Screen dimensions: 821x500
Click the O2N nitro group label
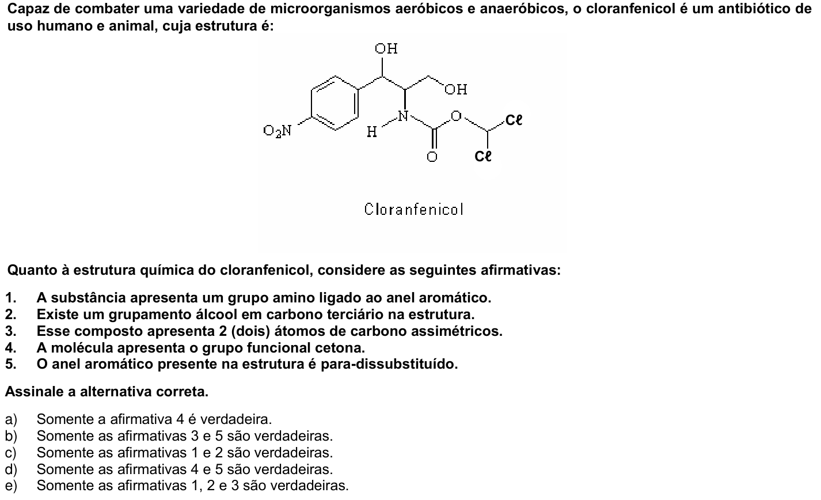[278, 131]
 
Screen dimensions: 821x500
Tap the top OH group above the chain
[386, 48]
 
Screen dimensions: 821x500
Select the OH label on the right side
[456, 89]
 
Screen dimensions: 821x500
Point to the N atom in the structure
[403, 116]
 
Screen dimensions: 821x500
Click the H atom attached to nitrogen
[372, 132]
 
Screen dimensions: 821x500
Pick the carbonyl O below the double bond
[432, 157]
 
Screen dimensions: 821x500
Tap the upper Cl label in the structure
[514, 120]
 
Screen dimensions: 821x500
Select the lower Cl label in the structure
[482, 156]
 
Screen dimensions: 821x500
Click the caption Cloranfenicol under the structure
[414, 210]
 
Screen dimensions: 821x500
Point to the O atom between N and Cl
[456, 116]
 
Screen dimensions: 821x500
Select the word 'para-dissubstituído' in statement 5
[389, 364]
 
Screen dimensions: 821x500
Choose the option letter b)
[11, 436]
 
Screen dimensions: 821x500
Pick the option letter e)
[11, 486]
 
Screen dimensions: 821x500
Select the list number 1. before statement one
[10, 298]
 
